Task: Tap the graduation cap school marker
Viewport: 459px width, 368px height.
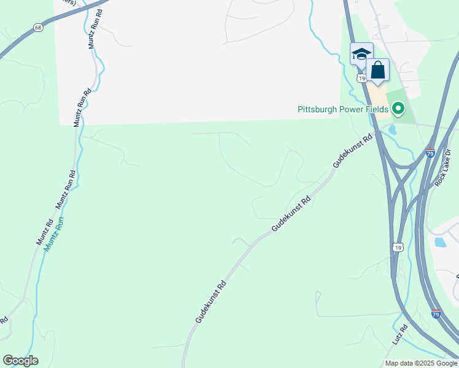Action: point(361,53)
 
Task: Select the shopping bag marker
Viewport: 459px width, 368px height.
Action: point(377,70)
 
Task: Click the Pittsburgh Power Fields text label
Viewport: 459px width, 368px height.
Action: point(342,109)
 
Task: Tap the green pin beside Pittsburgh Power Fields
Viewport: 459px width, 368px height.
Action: point(398,109)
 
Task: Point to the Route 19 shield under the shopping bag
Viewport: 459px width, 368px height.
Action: point(362,79)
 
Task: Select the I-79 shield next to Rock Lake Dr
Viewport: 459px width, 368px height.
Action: point(430,152)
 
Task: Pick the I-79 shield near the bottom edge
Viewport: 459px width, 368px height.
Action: point(435,314)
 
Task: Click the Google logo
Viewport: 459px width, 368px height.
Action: point(20,361)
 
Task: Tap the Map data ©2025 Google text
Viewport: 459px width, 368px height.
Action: point(421,363)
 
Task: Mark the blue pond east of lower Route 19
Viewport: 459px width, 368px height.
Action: point(440,242)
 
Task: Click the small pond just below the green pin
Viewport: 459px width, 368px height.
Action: point(392,129)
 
